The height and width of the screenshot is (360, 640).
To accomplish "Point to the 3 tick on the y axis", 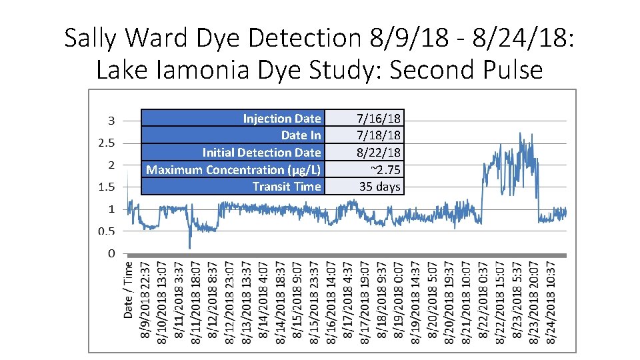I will (x=111, y=121).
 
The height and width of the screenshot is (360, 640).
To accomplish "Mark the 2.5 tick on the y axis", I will (x=107, y=143).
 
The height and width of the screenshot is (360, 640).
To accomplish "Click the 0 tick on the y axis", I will (x=111, y=253).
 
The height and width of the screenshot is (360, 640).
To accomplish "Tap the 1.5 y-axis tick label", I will (x=107, y=187).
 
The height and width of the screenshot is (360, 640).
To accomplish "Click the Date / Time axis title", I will (x=129, y=288).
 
